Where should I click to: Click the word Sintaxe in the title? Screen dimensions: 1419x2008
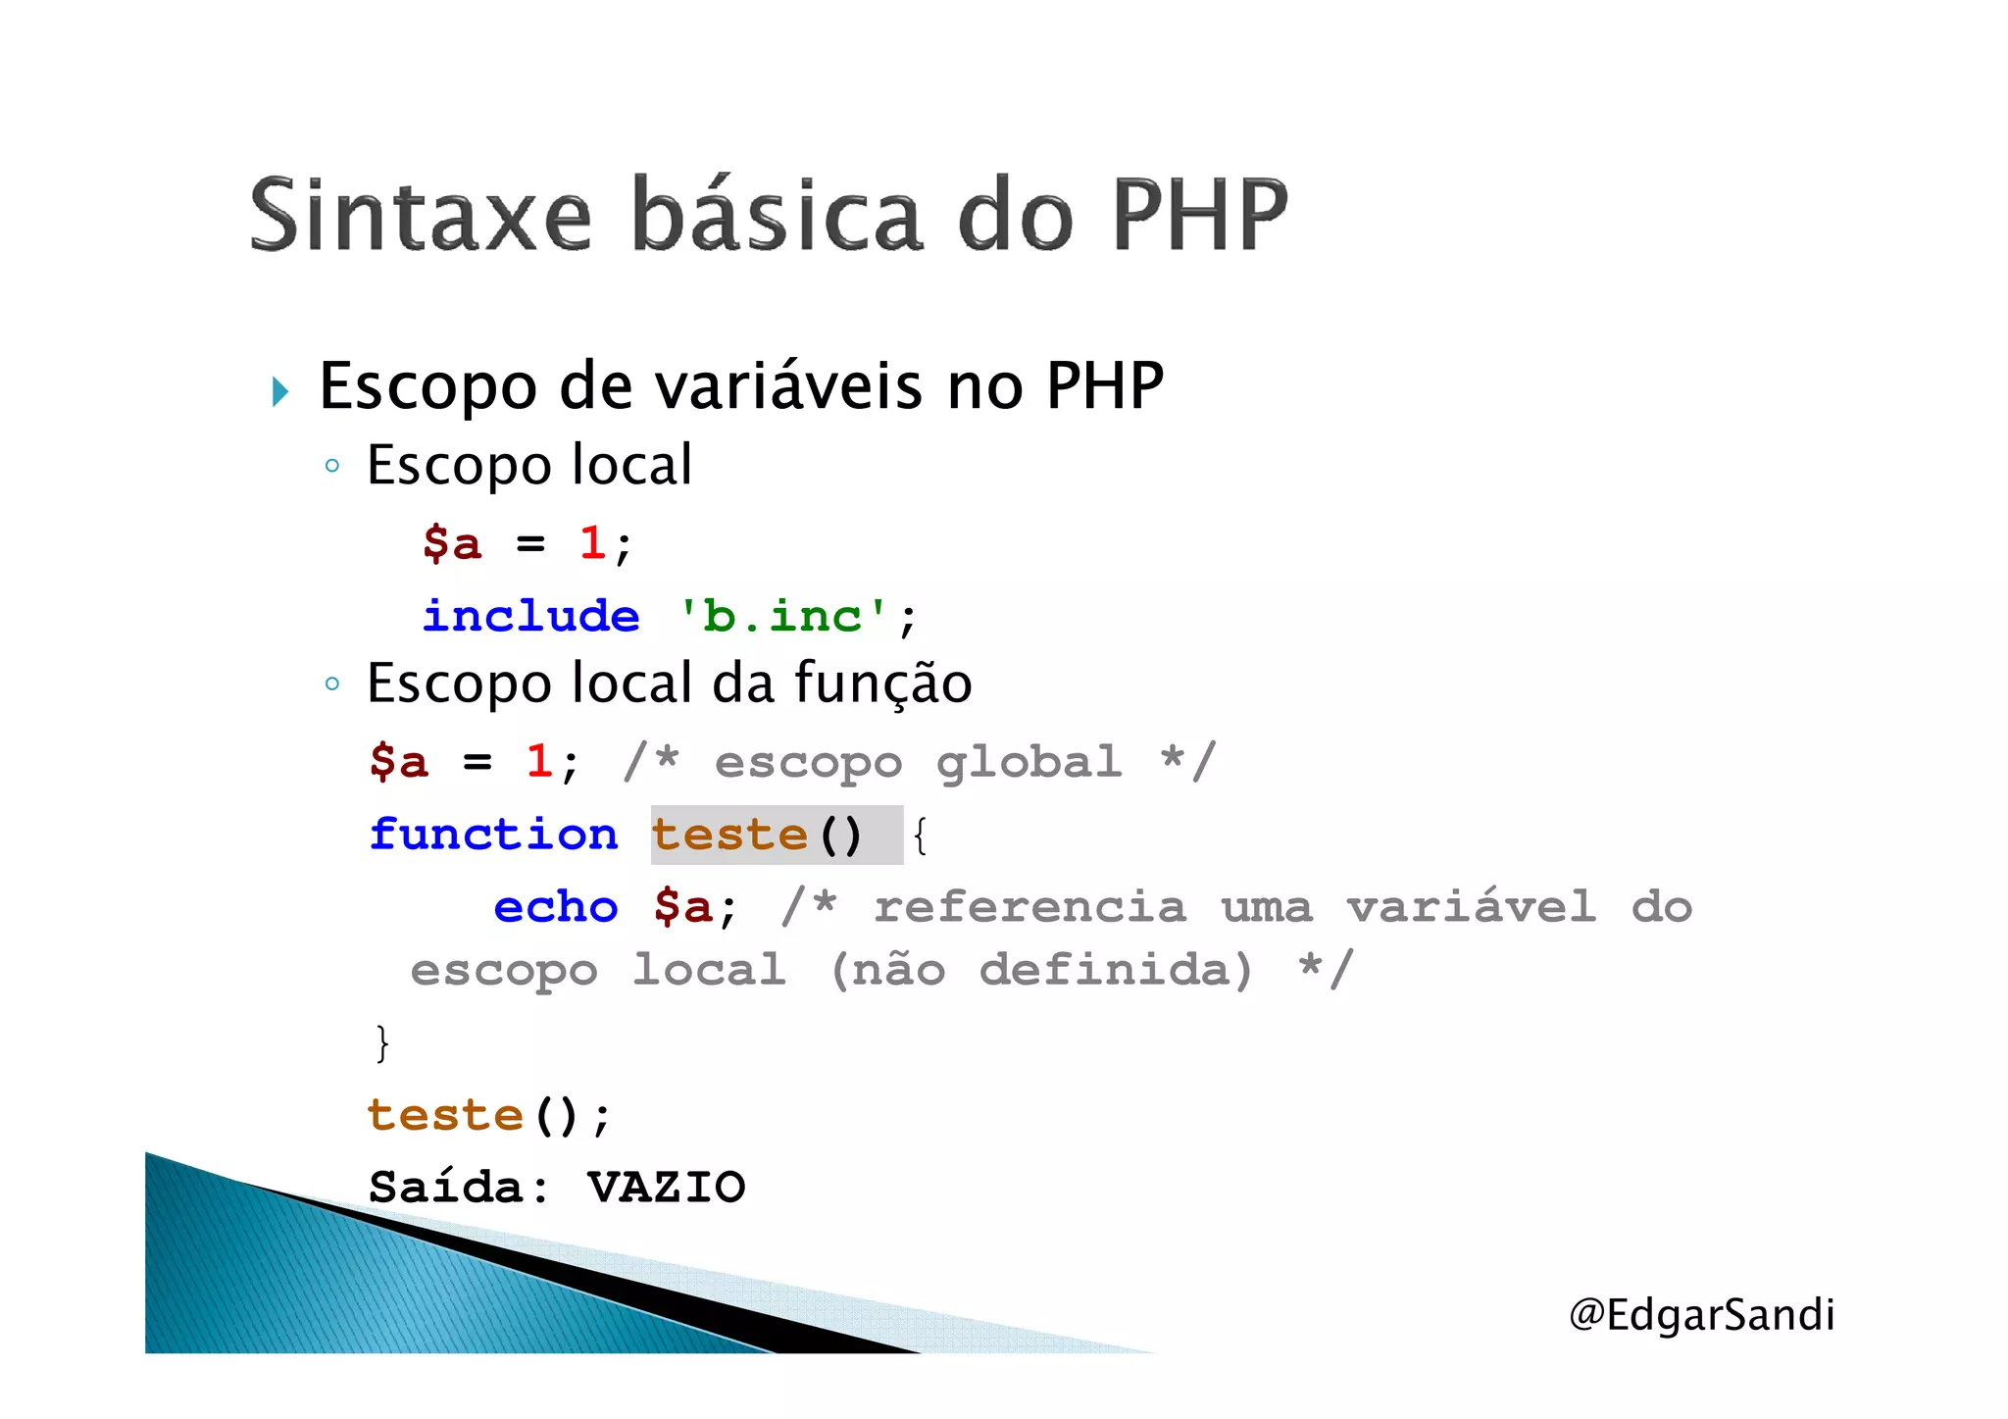(421, 215)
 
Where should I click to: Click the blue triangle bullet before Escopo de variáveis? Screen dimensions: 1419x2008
(280, 391)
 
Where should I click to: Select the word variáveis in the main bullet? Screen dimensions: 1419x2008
(789, 385)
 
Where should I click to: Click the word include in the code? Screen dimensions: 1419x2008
(530, 617)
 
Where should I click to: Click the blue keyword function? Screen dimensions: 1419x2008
(493, 836)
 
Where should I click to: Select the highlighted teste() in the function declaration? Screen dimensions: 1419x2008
(757, 836)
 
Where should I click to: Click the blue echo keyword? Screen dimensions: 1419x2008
(555, 907)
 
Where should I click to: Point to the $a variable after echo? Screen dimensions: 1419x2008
(683, 907)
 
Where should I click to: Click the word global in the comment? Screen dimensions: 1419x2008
(1029, 763)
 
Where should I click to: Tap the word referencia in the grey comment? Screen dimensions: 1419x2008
(1029, 907)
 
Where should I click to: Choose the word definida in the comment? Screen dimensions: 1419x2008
(1116, 971)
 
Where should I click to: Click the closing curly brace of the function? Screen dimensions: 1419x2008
(381, 1042)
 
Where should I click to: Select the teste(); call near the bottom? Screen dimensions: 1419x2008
(488, 1116)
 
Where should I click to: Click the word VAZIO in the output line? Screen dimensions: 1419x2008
(667, 1188)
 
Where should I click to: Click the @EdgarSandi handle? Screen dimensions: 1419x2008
(1701, 1315)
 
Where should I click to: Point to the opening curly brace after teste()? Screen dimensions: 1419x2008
(919, 836)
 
